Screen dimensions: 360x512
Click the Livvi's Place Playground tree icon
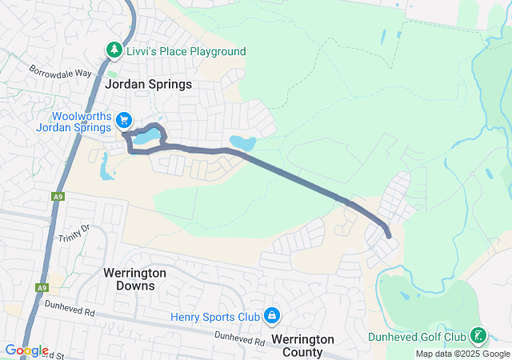point(114,51)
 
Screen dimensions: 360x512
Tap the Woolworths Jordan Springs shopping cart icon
point(124,121)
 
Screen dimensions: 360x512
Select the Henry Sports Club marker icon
point(272,315)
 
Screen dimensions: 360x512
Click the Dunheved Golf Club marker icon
point(478,336)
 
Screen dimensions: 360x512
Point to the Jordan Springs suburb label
point(148,83)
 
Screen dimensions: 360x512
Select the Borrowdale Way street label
point(62,73)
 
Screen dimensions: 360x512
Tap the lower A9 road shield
point(42,288)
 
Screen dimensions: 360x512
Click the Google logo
point(26,350)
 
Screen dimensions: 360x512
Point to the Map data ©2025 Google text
point(462,354)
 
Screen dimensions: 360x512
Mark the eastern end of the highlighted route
point(389,235)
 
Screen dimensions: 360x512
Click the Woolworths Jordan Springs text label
point(74,122)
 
